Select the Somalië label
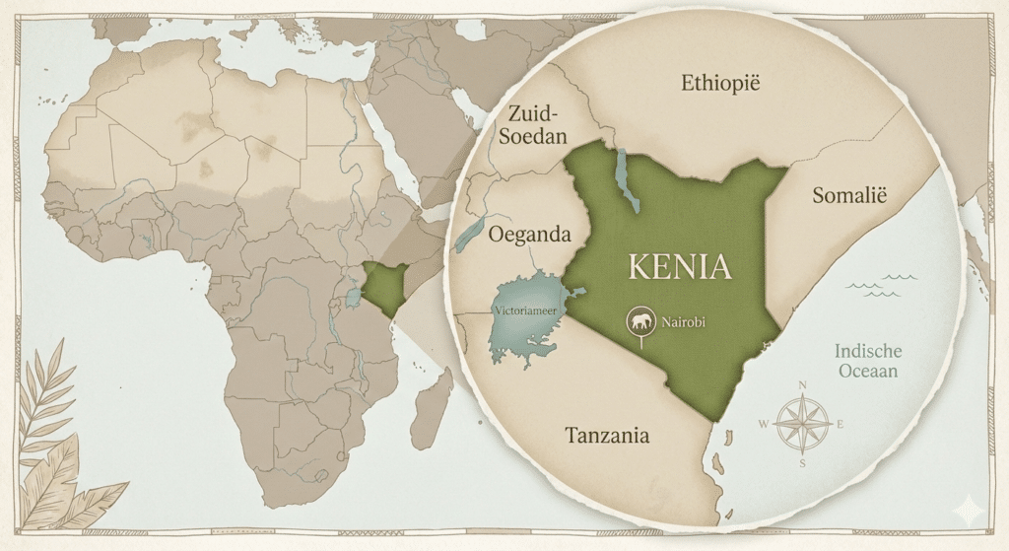coord(849,195)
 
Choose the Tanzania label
coord(606,435)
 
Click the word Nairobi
coord(684,321)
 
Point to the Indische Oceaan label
coord(866,361)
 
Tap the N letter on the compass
coord(802,385)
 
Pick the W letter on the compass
coord(763,425)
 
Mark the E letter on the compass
coord(841,425)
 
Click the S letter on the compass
coord(802,462)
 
